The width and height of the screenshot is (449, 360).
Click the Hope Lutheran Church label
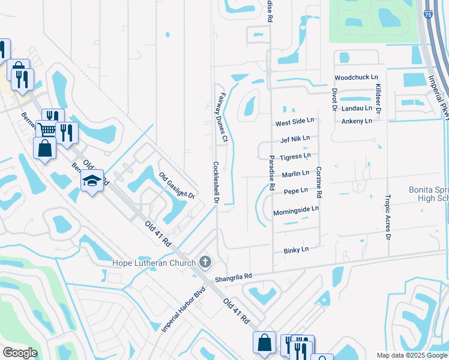pyautogui.click(x=154, y=263)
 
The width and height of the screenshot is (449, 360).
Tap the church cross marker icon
pyautogui.click(x=205, y=262)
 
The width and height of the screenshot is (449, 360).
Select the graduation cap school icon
pyautogui.click(x=92, y=180)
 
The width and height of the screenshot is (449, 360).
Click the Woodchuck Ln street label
pyautogui.click(x=357, y=78)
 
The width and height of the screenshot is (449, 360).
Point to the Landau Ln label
pyautogui.click(x=357, y=108)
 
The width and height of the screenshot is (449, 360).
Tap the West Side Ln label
pyautogui.click(x=295, y=122)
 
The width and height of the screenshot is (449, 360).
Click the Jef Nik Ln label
pyautogui.click(x=295, y=139)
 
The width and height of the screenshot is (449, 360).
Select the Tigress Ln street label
pyautogui.click(x=295, y=157)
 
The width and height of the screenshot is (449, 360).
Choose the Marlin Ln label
pyautogui.click(x=295, y=173)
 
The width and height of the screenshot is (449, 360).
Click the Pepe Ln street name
pyautogui.click(x=295, y=191)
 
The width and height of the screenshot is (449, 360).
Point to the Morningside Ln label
pyautogui.click(x=296, y=212)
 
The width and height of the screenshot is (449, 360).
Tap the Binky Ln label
pyautogui.click(x=295, y=249)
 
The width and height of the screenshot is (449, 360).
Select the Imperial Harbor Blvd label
pyautogui.click(x=183, y=310)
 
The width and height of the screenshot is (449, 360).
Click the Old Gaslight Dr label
pyautogui.click(x=177, y=186)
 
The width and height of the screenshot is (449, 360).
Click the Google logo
pyautogui.click(x=20, y=353)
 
